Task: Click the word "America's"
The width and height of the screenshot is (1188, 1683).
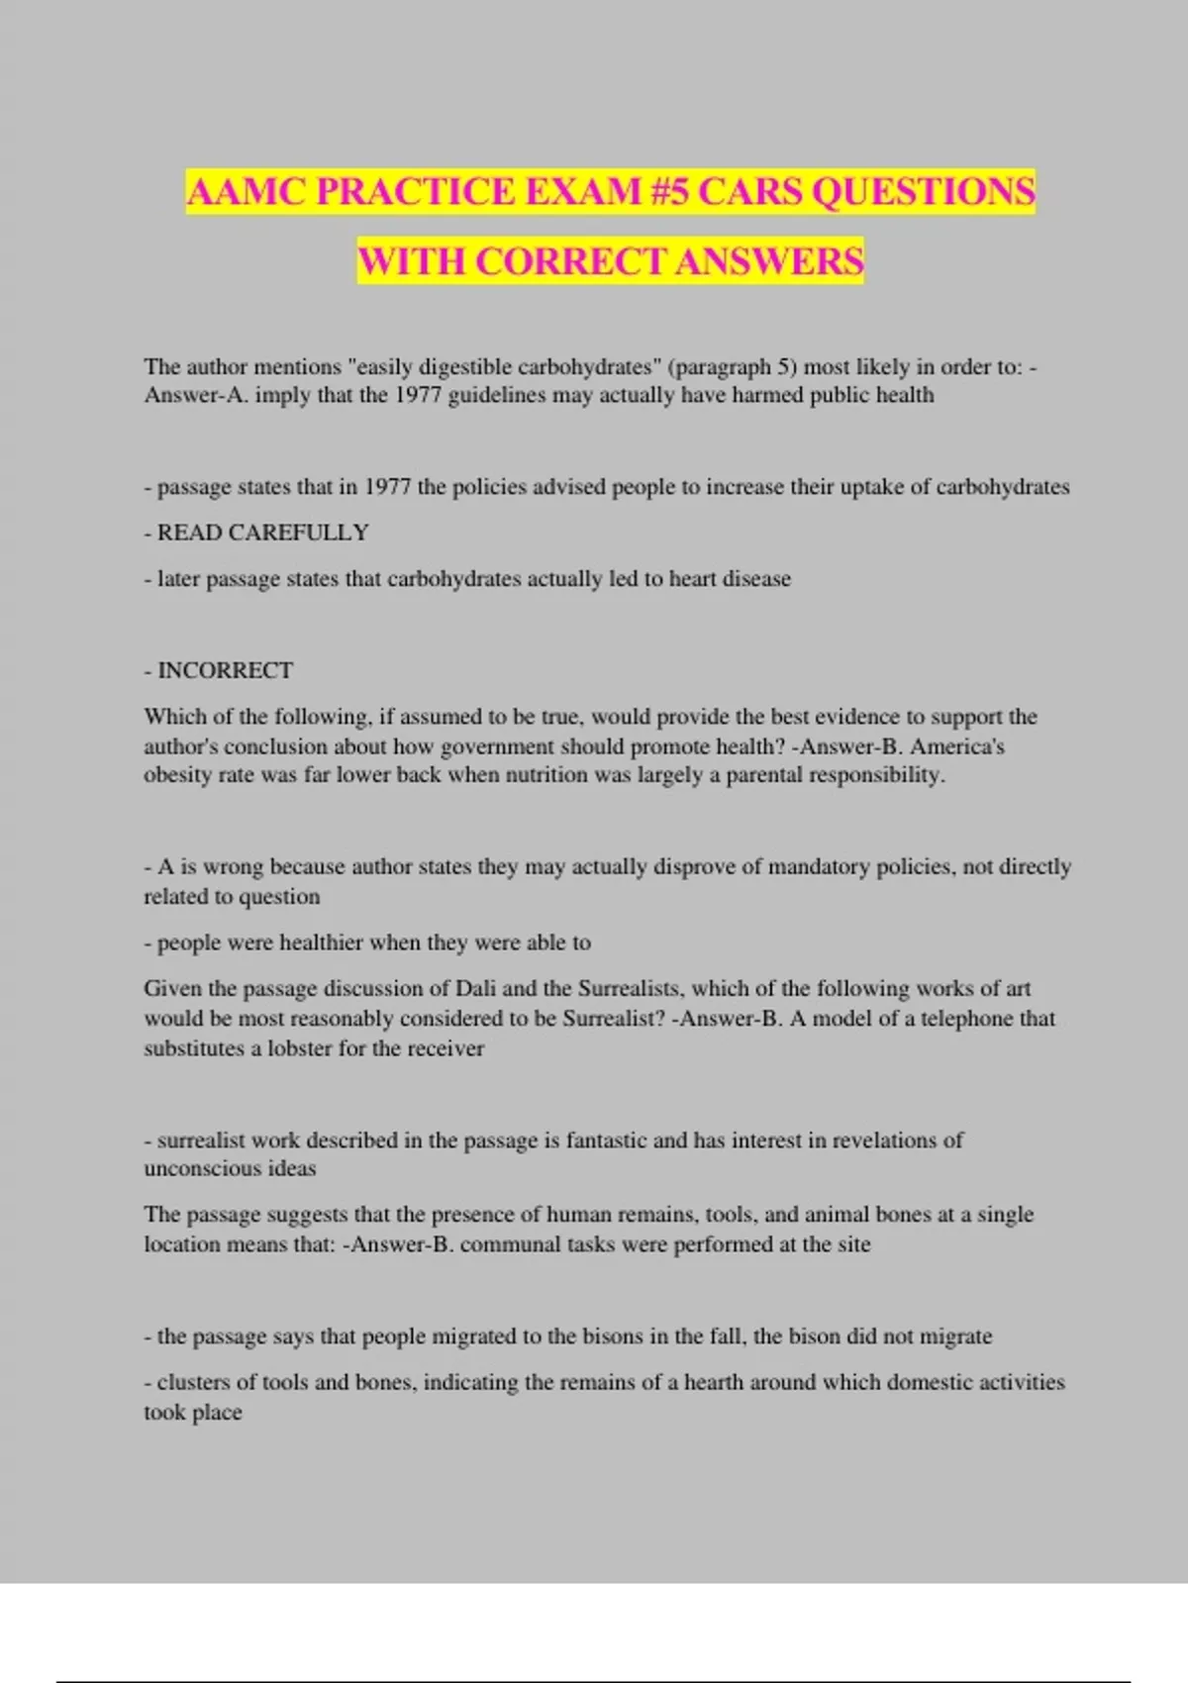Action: point(957,746)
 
